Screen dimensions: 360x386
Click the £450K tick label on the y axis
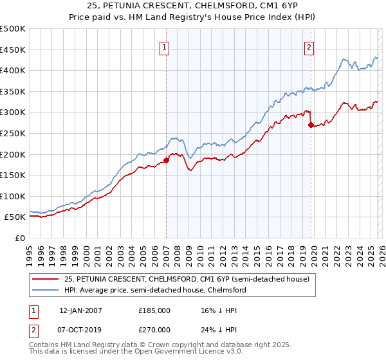point(13,50)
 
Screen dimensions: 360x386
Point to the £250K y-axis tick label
point(13,133)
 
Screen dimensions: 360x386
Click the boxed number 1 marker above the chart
point(165,47)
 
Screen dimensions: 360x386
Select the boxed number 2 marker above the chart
point(309,47)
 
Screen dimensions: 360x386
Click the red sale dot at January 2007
point(166,160)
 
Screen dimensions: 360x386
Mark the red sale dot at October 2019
point(311,125)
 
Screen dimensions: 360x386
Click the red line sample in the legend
point(46,279)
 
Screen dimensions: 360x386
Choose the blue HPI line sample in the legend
point(46,290)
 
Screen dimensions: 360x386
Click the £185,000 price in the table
point(154,310)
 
